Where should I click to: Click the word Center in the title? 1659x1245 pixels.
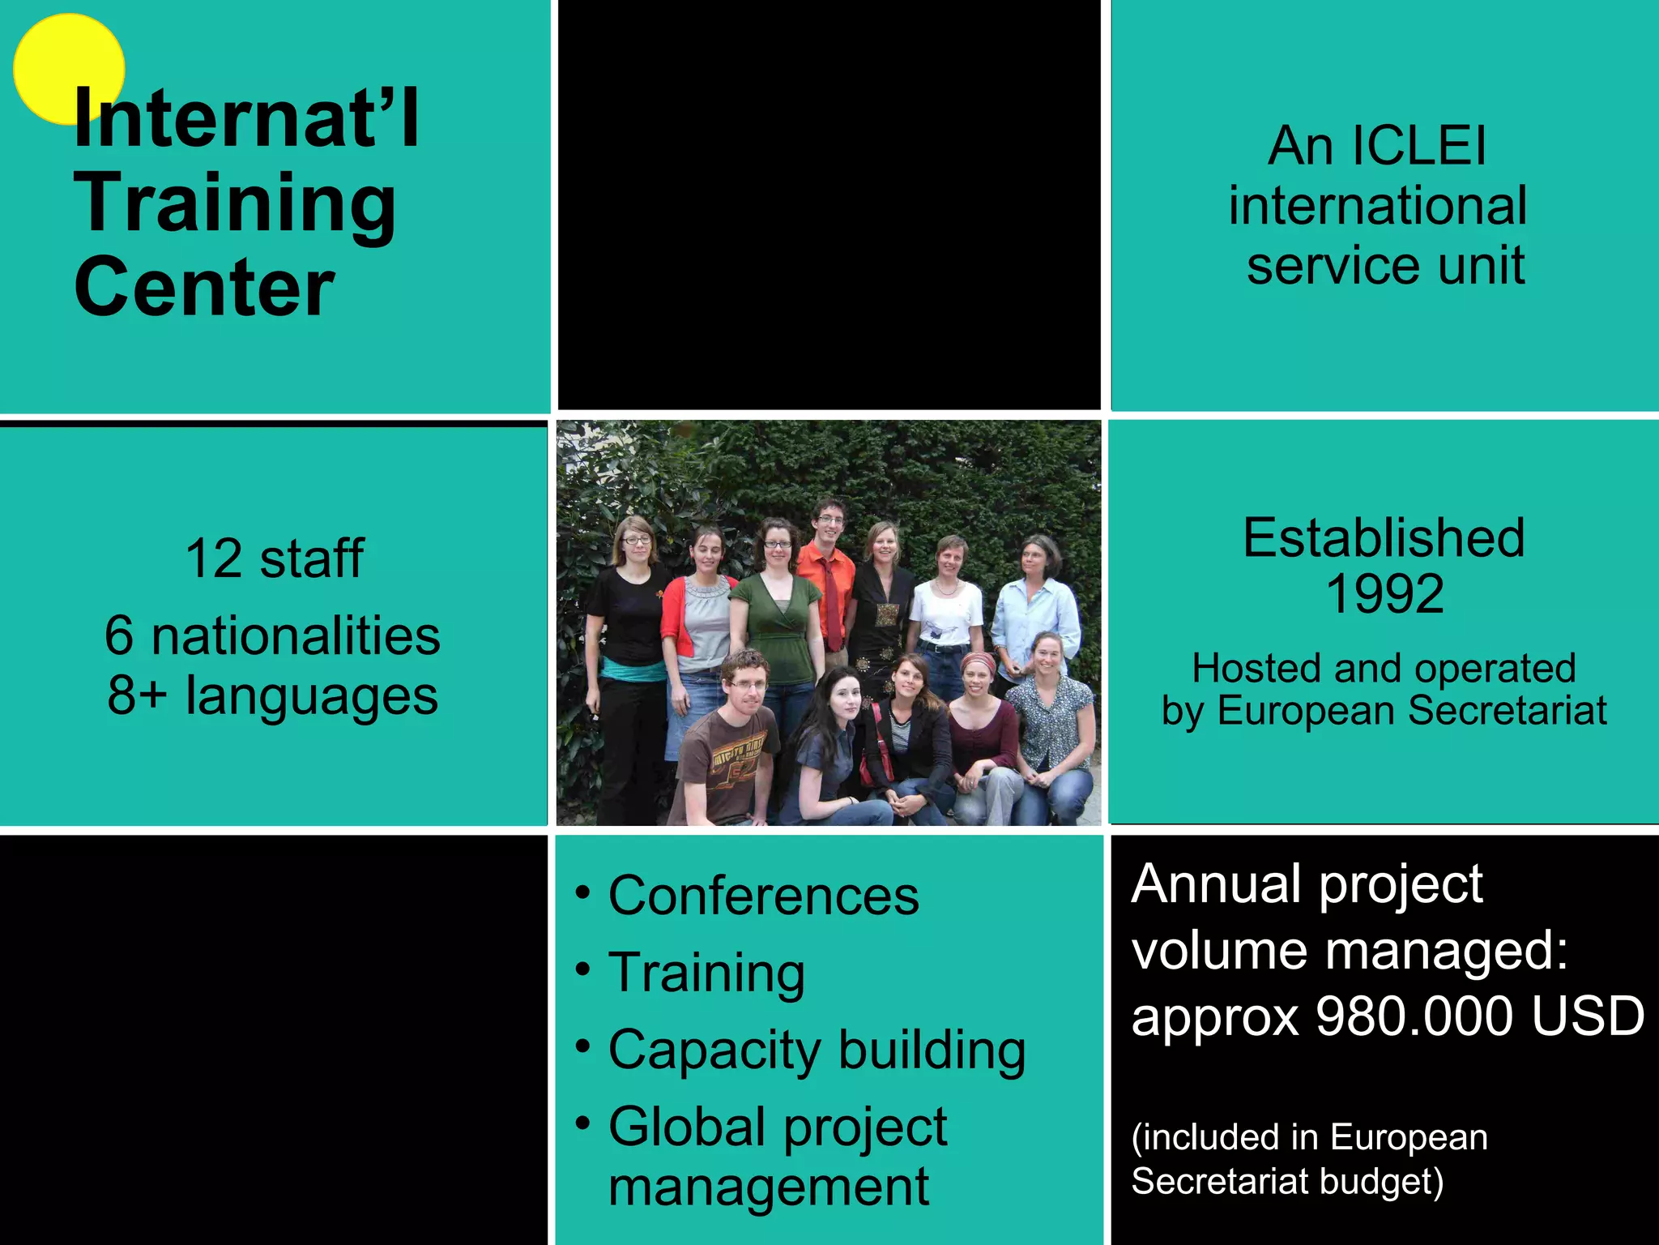204,287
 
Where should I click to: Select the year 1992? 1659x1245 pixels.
1384,593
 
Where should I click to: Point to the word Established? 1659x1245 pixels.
1384,537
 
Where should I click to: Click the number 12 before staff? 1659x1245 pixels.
213,558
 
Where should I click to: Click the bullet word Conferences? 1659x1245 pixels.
764,896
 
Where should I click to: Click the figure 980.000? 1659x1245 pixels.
1414,1016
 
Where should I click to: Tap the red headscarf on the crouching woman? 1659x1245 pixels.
979,662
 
